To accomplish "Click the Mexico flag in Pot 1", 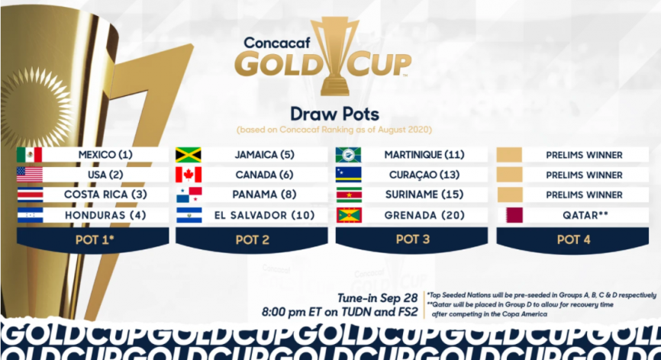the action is pos(30,155).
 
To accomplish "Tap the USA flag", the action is pos(30,175).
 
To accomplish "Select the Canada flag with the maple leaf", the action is pos(189,175).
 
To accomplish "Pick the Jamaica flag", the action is pos(189,155).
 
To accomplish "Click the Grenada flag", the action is pos(349,215).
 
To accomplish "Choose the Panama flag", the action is pos(189,195).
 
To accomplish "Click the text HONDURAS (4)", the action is pos(105,215).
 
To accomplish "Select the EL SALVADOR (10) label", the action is pos(265,215).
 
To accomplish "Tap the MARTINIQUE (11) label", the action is pos(424,155).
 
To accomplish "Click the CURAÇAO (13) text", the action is pos(424,175).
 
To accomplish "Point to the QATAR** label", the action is pos(585,215).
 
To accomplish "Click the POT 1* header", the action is pos(93,239).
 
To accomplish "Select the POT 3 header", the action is pos(413,239).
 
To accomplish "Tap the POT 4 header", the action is pos(574,239).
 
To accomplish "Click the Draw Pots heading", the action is pos(334,114).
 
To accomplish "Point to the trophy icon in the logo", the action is pos(336,56).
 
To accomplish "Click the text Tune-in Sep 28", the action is pos(376,298).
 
